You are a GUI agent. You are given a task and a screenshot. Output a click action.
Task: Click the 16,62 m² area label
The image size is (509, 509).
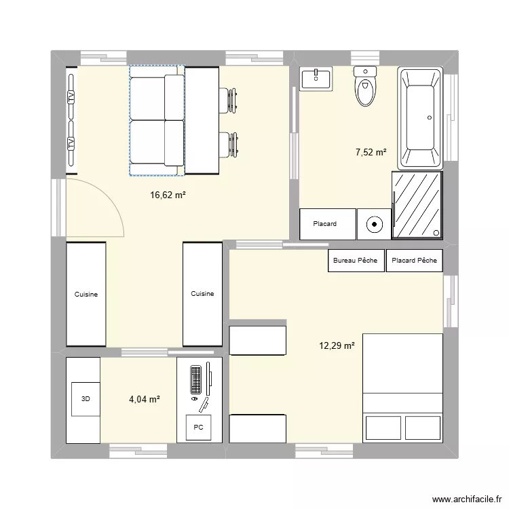[168, 195]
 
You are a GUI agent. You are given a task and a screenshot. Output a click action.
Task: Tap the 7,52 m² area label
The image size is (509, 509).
[371, 152]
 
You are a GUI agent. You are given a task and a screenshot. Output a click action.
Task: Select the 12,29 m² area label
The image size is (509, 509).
[337, 346]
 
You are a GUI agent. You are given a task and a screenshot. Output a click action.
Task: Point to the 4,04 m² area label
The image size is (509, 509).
[144, 400]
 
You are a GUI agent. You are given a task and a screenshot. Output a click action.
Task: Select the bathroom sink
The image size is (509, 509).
[316, 79]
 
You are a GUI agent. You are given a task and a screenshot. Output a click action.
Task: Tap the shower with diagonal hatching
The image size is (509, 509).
[417, 205]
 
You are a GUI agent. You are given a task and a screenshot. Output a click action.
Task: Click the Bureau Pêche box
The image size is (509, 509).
[356, 261]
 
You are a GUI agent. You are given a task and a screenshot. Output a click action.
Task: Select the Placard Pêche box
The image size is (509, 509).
[414, 261]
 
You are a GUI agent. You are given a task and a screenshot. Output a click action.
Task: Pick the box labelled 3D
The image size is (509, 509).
[85, 400]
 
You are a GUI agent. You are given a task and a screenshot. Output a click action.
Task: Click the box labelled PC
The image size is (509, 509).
[198, 428]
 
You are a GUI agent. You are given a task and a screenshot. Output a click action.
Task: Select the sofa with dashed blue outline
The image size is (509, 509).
[157, 121]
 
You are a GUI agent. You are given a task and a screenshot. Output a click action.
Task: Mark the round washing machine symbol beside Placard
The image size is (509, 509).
[374, 224]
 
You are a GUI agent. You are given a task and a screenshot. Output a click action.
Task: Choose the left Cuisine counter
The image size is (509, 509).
[86, 294]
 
